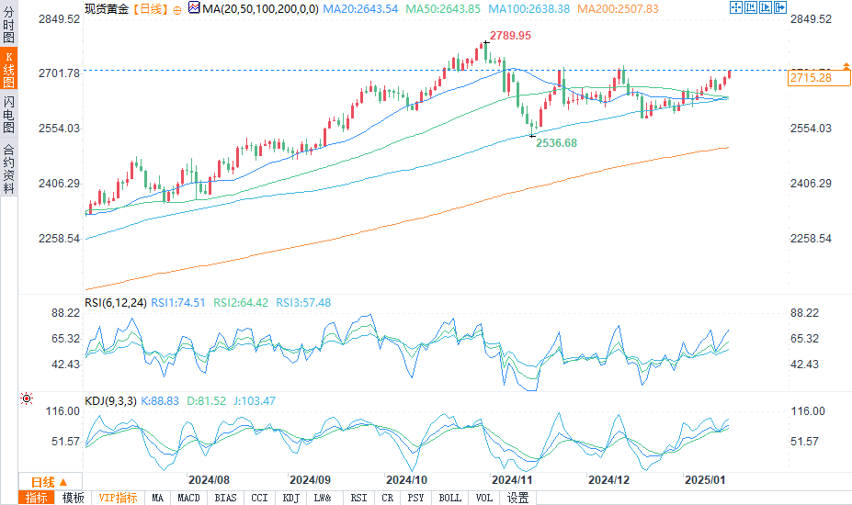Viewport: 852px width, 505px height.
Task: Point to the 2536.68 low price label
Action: point(558,143)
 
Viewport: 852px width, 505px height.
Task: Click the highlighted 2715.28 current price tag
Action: point(810,78)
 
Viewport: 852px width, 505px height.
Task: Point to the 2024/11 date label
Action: point(512,479)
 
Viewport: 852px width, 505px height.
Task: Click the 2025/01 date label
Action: point(706,479)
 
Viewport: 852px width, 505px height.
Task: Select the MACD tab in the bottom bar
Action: point(187,498)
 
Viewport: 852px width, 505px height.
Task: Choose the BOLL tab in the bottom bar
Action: point(450,498)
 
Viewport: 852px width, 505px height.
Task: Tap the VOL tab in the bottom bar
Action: point(484,498)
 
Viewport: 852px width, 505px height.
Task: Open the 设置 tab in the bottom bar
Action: point(518,498)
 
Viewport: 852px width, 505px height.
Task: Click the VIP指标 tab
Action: point(119,498)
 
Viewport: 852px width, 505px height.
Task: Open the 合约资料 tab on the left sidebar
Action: point(8,168)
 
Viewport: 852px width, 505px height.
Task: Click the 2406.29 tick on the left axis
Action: point(58,184)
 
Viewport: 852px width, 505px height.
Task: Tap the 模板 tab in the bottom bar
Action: point(74,498)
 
